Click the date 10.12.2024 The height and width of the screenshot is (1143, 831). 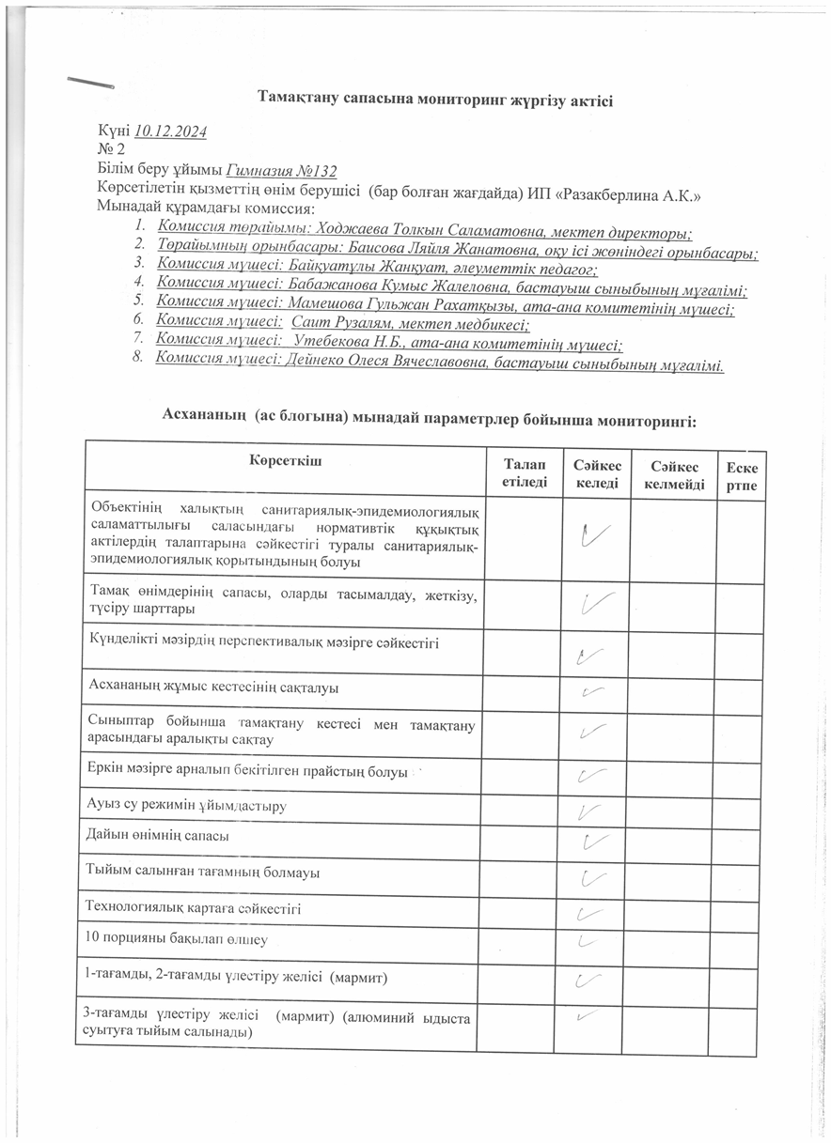coord(171,131)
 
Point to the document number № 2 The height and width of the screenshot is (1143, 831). coord(111,150)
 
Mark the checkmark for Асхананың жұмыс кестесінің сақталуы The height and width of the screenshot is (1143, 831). coord(590,692)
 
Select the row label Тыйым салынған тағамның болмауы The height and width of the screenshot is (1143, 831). coord(202,873)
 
